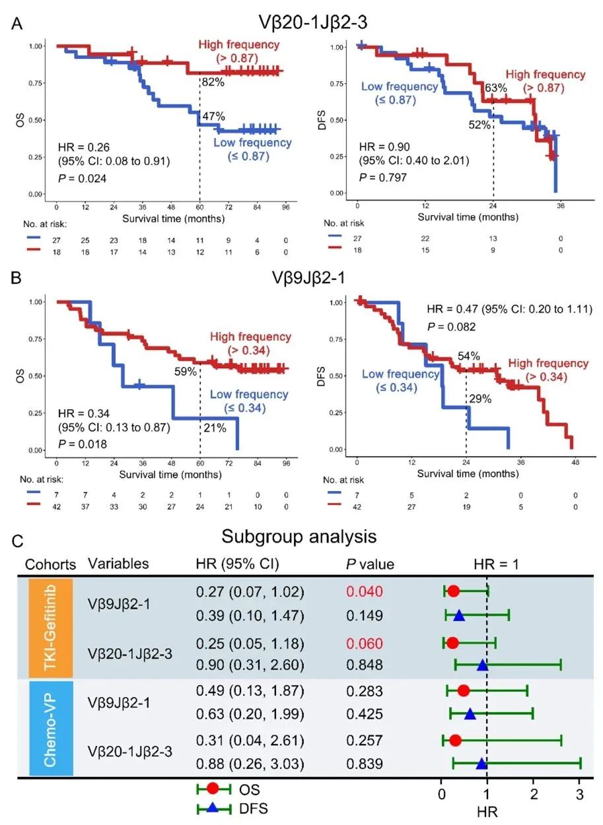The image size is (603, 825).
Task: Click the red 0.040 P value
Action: point(365,591)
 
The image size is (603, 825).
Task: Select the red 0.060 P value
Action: point(365,643)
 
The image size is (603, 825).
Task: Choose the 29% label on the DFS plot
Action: point(479,399)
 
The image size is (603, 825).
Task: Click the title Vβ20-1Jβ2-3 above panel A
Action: point(303,22)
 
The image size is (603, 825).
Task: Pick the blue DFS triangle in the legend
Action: point(213,807)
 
